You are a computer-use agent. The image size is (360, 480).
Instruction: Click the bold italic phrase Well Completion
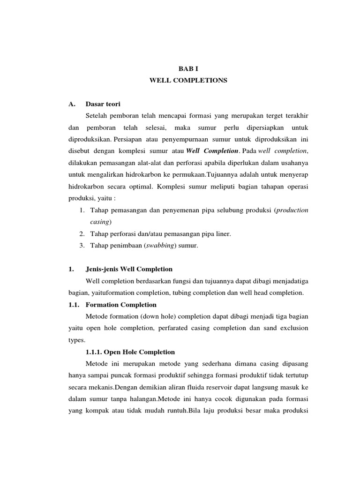(212, 151)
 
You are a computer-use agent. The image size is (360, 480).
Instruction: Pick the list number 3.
(81, 246)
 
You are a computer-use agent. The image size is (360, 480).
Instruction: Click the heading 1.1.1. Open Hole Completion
(130, 352)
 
